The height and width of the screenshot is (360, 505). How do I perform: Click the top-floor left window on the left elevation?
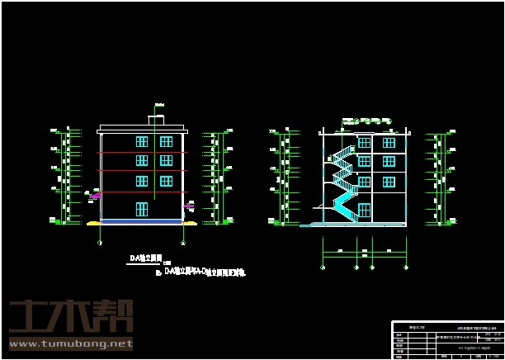point(141,142)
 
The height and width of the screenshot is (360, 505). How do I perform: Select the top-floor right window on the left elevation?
point(166,142)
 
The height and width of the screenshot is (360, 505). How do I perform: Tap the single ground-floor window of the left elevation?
point(141,208)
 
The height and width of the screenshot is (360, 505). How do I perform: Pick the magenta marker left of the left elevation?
point(96,196)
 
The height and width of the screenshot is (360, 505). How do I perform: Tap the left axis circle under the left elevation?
point(101,242)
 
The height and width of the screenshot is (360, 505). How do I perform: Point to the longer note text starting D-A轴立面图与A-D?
point(205,271)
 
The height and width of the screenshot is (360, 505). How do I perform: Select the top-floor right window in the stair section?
point(388,143)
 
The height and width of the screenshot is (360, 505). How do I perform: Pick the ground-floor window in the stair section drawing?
point(388,209)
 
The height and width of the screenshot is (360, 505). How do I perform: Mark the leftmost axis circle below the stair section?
point(322,267)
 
